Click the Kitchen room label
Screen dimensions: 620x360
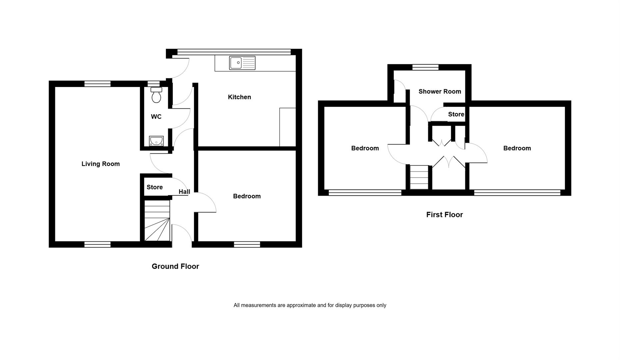tap(239, 97)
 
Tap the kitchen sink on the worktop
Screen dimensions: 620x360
tap(242, 63)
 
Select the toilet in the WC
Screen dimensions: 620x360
tap(156, 95)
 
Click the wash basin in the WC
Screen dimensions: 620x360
tap(156, 141)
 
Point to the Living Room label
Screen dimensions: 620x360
tap(101, 164)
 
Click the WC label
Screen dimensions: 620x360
tap(156, 117)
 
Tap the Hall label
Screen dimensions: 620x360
tap(184, 192)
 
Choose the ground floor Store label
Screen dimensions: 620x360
tap(155, 187)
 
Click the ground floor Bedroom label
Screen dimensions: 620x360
tap(247, 196)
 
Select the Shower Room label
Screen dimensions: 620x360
tap(440, 91)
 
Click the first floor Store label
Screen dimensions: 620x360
tap(456, 114)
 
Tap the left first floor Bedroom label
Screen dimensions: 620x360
tap(365, 148)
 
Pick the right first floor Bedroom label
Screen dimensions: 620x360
tap(517, 148)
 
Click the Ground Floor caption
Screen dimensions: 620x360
tap(175, 266)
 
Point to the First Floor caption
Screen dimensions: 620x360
tap(444, 215)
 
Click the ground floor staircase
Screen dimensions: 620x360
tap(157, 220)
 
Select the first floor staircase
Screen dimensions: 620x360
tap(419, 177)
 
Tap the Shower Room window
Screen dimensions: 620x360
tap(425, 67)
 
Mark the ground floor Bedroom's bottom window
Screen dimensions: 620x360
tap(247, 244)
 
